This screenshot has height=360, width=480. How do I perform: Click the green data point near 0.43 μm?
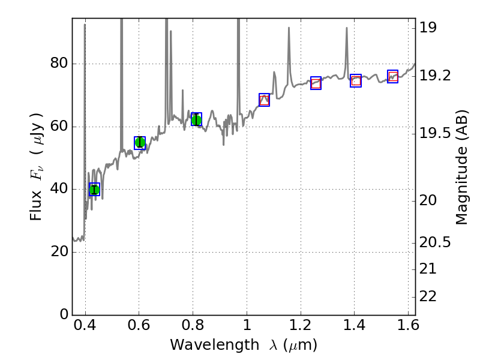94,190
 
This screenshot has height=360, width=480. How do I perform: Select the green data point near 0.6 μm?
140,142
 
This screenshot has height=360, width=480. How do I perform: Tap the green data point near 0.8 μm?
196,119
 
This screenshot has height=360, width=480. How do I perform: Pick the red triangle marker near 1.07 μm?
264,100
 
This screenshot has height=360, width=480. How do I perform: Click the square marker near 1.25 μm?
316,83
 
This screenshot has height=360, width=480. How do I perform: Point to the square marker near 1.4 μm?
356,80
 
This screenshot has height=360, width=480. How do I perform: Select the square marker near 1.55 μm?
393,76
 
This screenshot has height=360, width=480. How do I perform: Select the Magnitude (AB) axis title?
461,167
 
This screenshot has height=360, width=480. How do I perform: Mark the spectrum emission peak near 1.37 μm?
347,29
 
